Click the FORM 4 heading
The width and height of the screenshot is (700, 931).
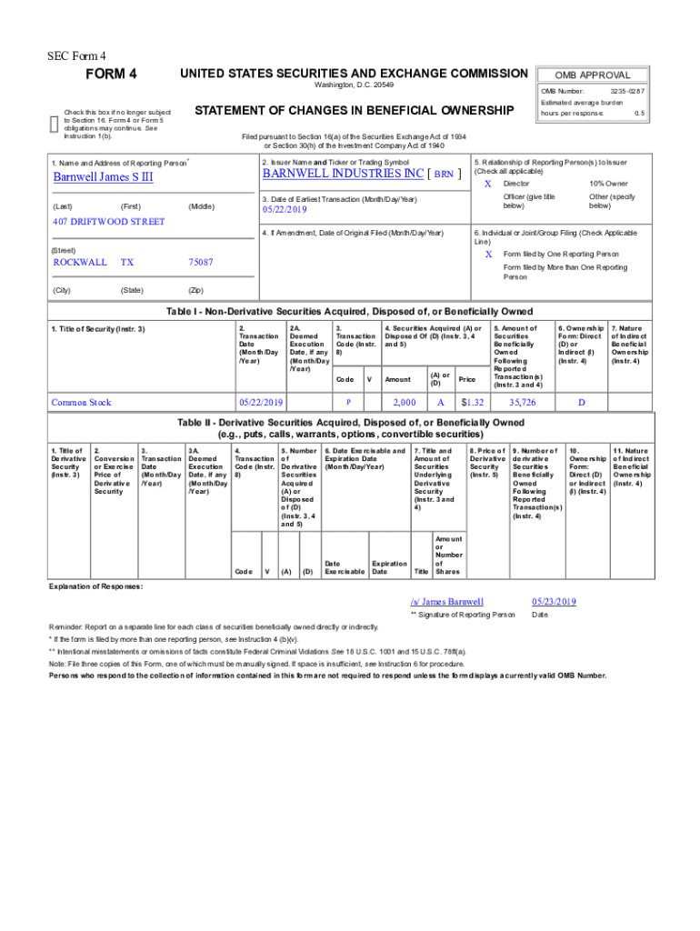pyautogui.click(x=111, y=74)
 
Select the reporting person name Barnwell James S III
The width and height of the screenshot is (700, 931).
pyautogui.click(x=103, y=176)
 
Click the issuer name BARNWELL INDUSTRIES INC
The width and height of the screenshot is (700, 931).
pyautogui.click(x=343, y=173)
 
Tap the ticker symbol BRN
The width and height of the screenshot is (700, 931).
pyautogui.click(x=443, y=174)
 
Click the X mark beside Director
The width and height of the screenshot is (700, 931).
pyautogui.click(x=488, y=184)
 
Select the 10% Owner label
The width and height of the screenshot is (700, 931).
pyautogui.click(x=608, y=184)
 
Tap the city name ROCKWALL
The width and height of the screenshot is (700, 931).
pyautogui.click(x=79, y=262)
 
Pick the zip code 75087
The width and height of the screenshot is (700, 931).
pyautogui.click(x=200, y=262)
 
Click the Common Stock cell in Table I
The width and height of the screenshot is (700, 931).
pyautogui.click(x=82, y=402)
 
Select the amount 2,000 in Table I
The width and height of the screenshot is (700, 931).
pyautogui.click(x=404, y=402)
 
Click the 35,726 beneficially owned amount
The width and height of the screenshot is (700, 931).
pyautogui.click(x=522, y=402)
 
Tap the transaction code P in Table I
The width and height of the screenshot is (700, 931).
pyautogui.click(x=348, y=402)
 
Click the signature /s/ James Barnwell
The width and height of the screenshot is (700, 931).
pyautogui.click(x=446, y=602)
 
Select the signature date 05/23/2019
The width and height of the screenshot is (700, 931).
pyautogui.click(x=554, y=602)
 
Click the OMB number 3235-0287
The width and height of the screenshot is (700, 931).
pyautogui.click(x=627, y=92)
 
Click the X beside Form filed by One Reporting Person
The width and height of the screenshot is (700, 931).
pyautogui.click(x=488, y=254)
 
